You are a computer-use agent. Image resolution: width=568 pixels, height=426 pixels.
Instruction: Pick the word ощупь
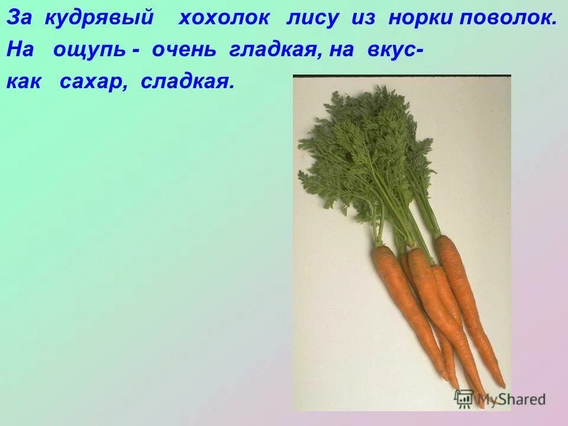[x=89, y=51]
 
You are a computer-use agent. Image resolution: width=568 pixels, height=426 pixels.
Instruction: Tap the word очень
[x=186, y=51]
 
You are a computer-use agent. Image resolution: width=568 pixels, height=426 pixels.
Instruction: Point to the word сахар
[x=95, y=83]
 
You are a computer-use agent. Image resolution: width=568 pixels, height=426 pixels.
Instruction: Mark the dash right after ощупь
[x=135, y=51]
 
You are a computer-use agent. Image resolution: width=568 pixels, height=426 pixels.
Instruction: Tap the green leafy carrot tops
[x=367, y=154]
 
